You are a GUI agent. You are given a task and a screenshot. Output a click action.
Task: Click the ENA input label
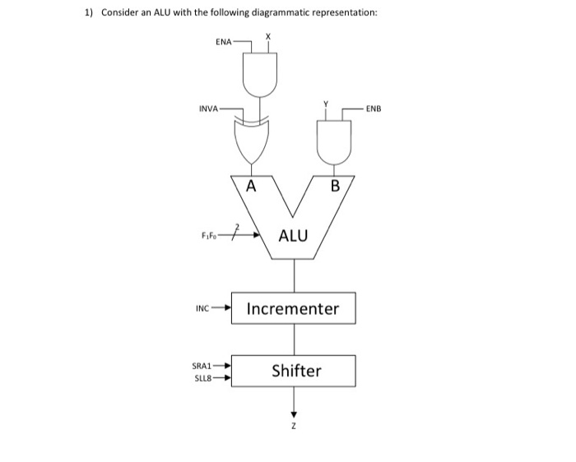coord(223,39)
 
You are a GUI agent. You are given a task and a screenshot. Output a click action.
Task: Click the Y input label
coord(326,104)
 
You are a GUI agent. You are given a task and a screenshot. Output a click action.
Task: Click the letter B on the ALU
coord(334,187)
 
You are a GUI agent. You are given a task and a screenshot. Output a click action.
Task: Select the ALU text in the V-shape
coord(293,237)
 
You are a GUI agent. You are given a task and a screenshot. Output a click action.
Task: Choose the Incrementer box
coord(293,309)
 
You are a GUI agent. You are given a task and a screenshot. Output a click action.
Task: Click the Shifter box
coord(293,371)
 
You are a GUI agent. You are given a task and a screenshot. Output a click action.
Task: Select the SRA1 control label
coord(202,366)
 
